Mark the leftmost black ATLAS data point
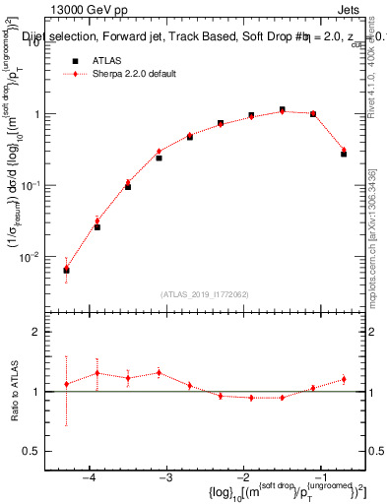point(66,270)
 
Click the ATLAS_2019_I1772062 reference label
point(205,294)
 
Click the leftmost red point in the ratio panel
point(66,384)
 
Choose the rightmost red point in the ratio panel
point(344,379)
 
